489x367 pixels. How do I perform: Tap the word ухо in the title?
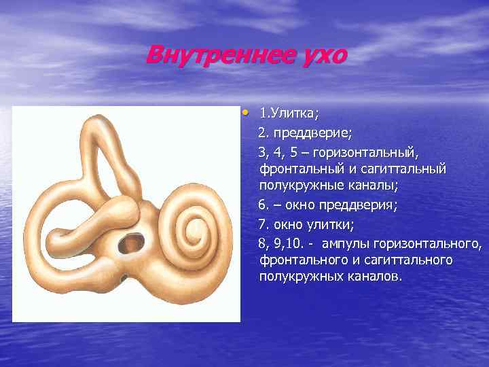click(322, 55)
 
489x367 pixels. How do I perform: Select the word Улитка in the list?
click(294, 112)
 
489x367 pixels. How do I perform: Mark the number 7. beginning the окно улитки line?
click(263, 222)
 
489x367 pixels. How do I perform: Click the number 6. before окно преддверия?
click(263, 204)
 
